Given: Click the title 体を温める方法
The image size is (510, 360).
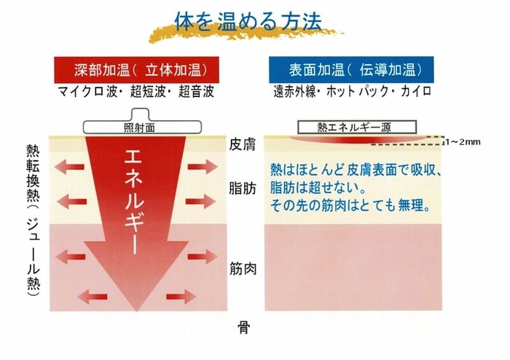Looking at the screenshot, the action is click(x=248, y=21).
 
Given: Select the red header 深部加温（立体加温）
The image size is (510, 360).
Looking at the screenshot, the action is click(x=136, y=70).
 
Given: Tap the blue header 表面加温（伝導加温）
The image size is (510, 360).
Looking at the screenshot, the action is click(x=351, y=70).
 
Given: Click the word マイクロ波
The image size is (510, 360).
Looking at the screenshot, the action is click(x=87, y=92).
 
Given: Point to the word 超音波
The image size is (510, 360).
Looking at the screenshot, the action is click(x=196, y=92).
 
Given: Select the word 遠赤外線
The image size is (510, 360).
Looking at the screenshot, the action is click(x=294, y=91).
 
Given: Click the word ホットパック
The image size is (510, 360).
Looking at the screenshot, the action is click(x=357, y=91).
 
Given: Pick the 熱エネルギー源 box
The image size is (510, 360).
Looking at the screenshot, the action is click(x=357, y=127).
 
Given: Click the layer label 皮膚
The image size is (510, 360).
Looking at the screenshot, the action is click(x=243, y=144).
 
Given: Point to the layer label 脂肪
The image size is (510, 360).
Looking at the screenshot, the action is click(x=243, y=188).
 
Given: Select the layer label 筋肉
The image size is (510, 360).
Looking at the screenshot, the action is click(x=243, y=269).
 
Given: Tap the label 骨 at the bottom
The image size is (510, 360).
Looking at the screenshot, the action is click(x=243, y=327).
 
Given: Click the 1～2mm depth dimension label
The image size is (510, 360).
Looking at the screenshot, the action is click(x=463, y=142).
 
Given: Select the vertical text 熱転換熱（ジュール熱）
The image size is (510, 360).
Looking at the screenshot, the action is click(x=33, y=220).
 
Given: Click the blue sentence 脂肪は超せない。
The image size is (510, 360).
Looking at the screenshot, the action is click(x=316, y=188).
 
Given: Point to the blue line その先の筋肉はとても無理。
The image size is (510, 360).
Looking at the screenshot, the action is click(x=350, y=206).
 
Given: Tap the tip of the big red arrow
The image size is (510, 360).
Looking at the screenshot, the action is click(x=136, y=311).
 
